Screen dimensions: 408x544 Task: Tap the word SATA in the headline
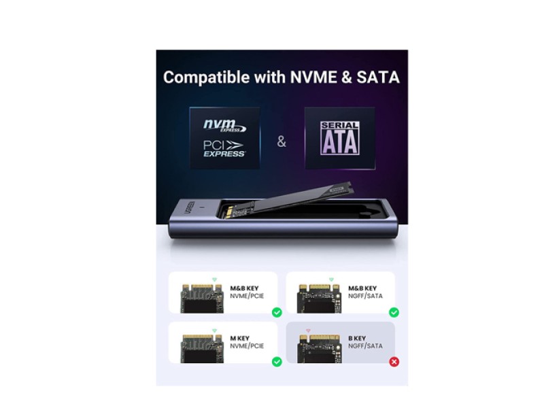click(x=379, y=77)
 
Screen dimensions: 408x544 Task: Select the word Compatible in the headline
click(x=203, y=77)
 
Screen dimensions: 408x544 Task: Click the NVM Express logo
click(x=224, y=126)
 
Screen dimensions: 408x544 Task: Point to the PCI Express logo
click(x=224, y=148)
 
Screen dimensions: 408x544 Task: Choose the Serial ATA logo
click(x=339, y=138)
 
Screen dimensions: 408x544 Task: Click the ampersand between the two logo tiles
click(x=282, y=142)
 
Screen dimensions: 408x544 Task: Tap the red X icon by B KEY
click(x=394, y=362)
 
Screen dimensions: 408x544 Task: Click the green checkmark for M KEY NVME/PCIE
click(x=277, y=362)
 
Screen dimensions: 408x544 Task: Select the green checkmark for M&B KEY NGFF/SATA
click(x=394, y=312)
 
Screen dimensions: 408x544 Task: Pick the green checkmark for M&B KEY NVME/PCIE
click(x=277, y=312)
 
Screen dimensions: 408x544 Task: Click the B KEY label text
click(x=357, y=338)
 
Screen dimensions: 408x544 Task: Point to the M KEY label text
click(x=240, y=338)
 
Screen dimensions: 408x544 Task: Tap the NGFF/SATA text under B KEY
click(x=365, y=346)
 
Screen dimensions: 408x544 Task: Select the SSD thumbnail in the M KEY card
click(x=202, y=346)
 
